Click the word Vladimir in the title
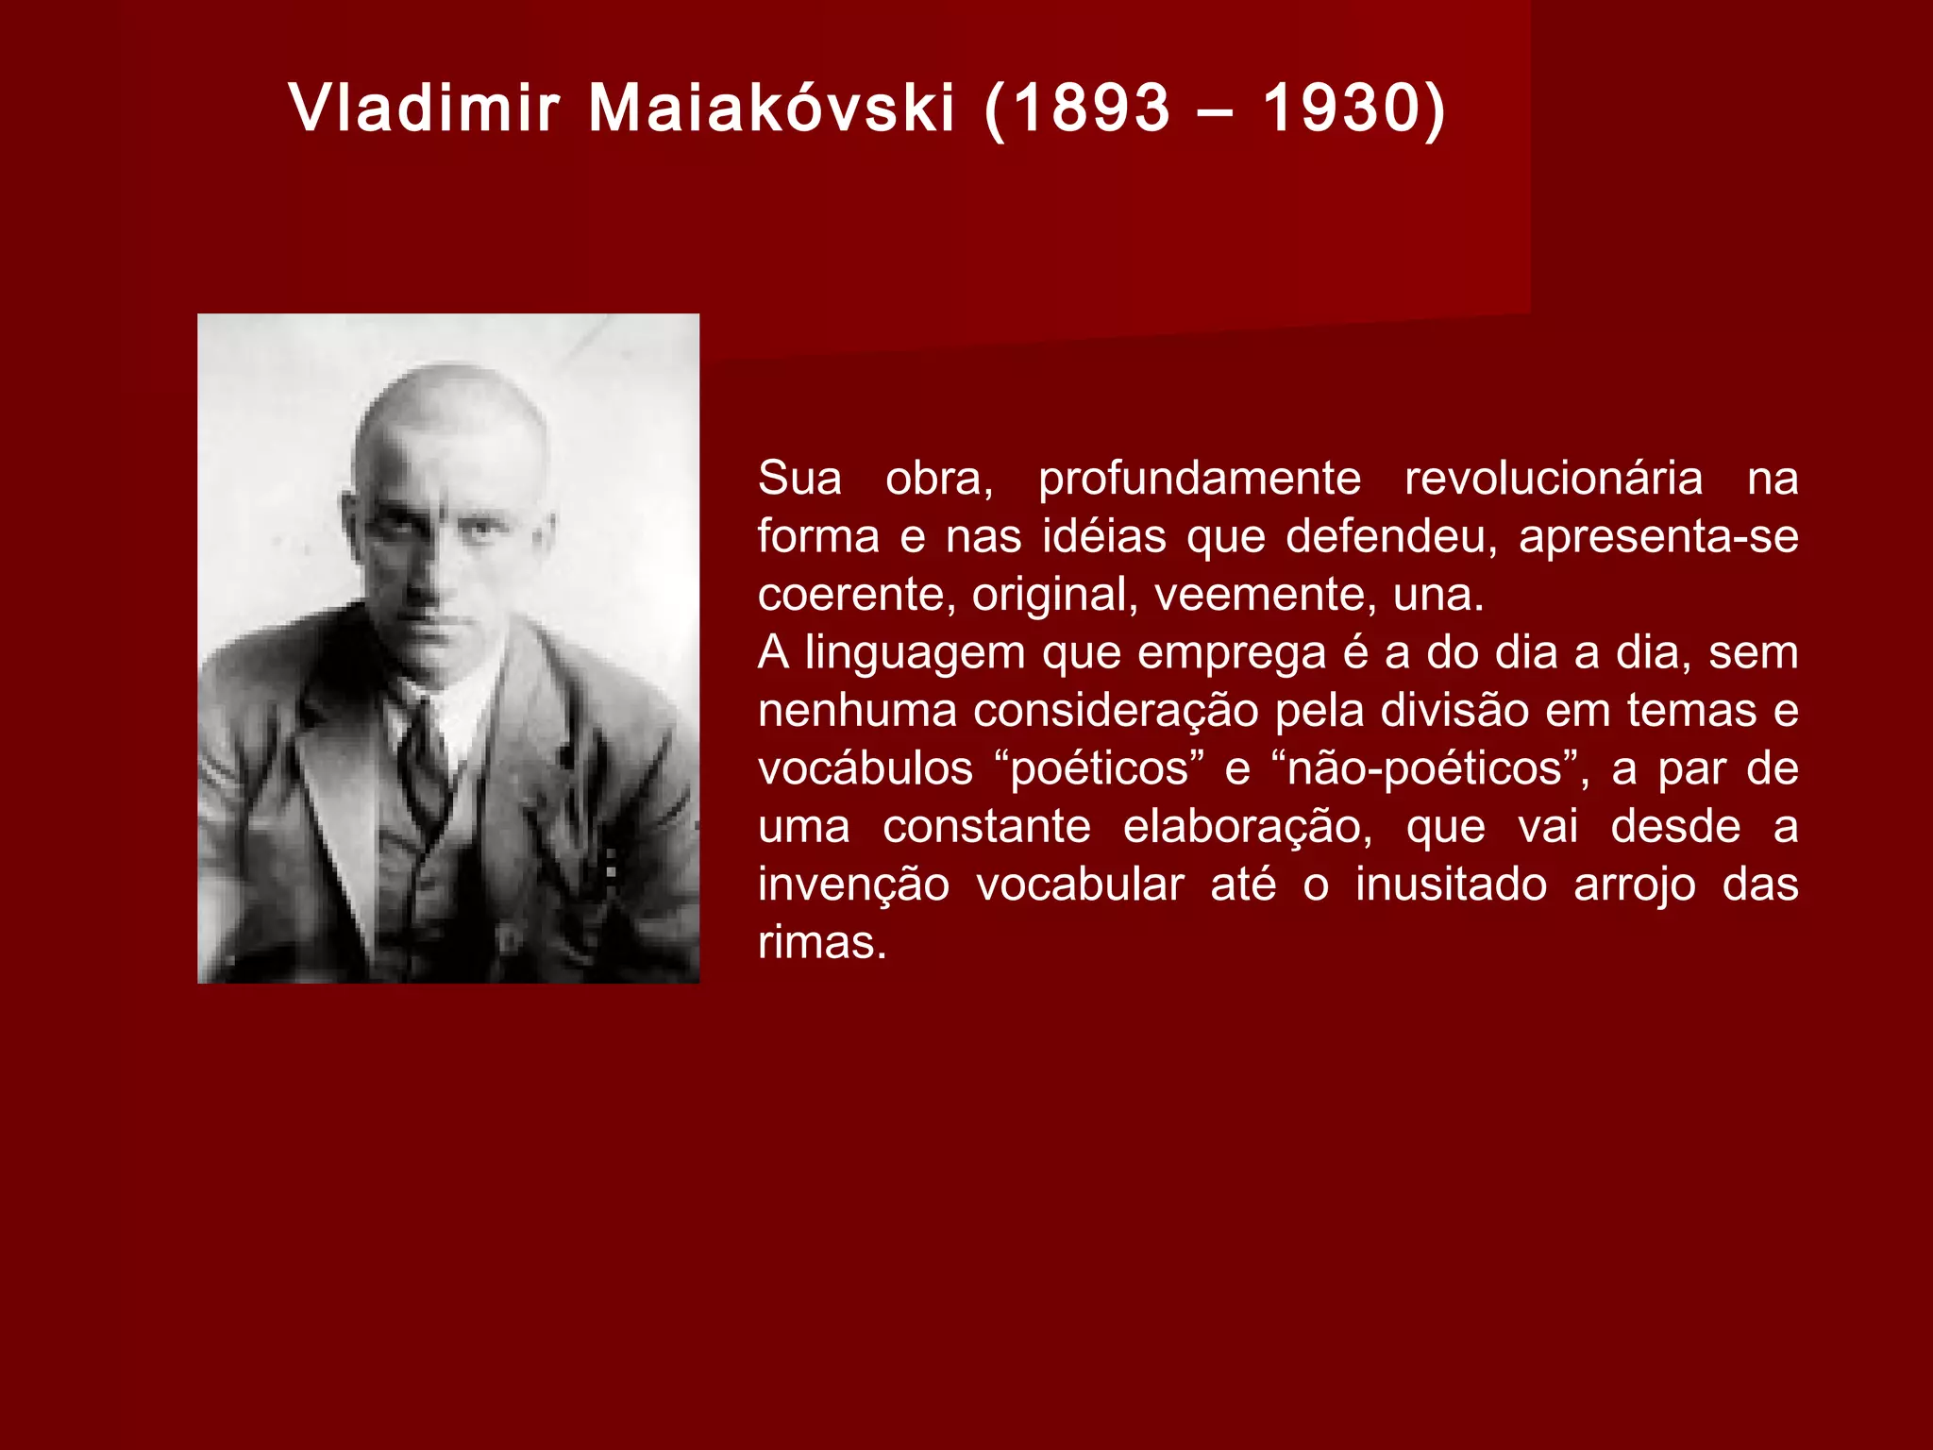click(425, 108)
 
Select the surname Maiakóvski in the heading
click(772, 108)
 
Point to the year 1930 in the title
click(1341, 108)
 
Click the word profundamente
click(1200, 479)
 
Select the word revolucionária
click(1554, 479)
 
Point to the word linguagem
click(916, 652)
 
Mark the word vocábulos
click(865, 768)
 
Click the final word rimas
click(821, 943)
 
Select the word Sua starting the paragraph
click(799, 479)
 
